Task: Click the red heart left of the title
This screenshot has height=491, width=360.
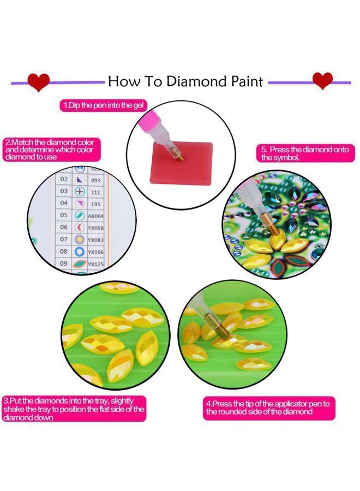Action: click(x=38, y=82)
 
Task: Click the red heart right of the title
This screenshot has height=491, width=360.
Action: click(x=322, y=80)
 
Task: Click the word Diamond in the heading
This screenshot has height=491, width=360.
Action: click(x=195, y=82)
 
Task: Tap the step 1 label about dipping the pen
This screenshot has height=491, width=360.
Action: click(x=104, y=105)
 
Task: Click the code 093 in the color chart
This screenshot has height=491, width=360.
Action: click(x=95, y=179)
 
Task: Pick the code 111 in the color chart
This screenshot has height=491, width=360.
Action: click(x=95, y=191)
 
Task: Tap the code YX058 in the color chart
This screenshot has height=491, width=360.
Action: click(x=97, y=227)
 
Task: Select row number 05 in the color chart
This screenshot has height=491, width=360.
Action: click(x=64, y=215)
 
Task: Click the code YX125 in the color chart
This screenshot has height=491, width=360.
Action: click(x=96, y=264)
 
